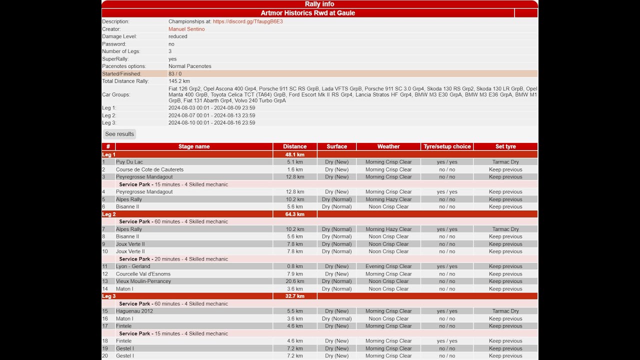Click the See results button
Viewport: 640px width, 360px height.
119,134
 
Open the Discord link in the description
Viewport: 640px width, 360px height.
247,21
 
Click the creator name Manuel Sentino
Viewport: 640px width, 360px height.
186,29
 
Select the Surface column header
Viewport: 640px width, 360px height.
336,146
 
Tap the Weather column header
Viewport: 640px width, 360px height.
388,146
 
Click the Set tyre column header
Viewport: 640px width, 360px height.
505,146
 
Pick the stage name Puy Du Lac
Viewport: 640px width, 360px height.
129,162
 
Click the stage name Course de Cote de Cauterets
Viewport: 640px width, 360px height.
149,169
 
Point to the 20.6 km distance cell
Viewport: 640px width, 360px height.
294,281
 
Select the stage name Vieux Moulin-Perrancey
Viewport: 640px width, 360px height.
143,281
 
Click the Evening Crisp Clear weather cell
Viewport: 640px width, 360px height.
388,266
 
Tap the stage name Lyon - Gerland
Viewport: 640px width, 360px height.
133,266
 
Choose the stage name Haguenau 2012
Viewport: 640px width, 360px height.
134,311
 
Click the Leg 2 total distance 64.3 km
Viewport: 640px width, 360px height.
294,214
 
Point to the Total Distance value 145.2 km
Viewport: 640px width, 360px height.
179,81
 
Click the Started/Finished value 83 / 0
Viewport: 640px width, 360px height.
175,73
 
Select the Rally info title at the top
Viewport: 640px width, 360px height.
319,4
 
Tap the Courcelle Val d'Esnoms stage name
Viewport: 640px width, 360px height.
143,274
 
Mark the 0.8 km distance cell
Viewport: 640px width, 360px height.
294,266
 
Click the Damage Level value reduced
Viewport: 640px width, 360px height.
178,36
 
